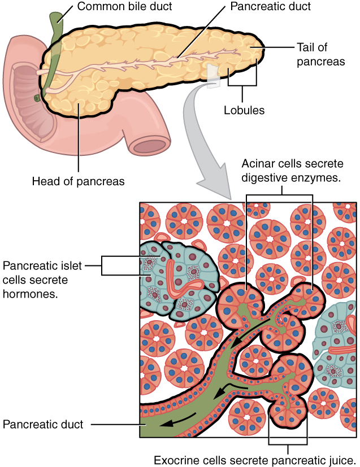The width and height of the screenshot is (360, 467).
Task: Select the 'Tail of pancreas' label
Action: pyautogui.click(x=320, y=55)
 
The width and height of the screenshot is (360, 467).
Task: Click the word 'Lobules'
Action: pyautogui.click(x=243, y=110)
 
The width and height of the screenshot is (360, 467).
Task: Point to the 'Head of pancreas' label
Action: pyautogui.click(x=79, y=181)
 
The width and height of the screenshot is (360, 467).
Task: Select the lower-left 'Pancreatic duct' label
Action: pyautogui.click(x=42, y=424)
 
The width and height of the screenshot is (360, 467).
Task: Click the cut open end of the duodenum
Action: pyautogui.click(x=149, y=146)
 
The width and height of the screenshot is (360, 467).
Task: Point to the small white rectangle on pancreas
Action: pyautogui.click(x=212, y=76)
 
